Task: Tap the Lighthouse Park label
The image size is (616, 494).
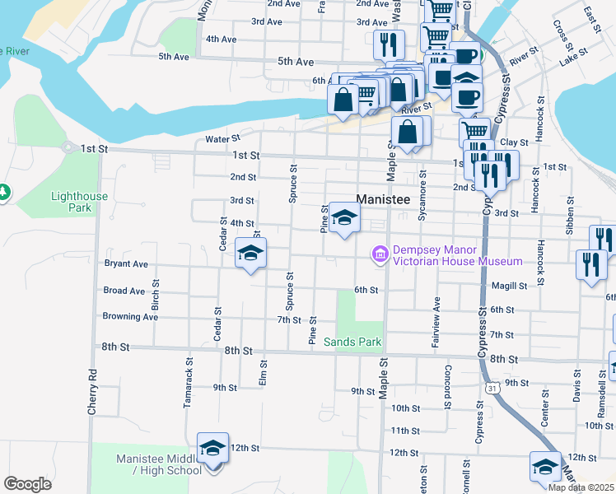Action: point(79,203)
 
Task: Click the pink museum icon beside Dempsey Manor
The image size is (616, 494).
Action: point(380,255)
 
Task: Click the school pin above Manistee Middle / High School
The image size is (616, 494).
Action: point(213,450)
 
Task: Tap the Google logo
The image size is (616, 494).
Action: point(27,483)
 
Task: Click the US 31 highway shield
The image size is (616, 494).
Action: point(492,387)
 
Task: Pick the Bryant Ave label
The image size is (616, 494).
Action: point(125,264)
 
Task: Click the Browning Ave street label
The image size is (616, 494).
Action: point(130,316)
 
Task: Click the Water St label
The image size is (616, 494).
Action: point(222,139)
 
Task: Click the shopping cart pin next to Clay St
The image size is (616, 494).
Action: point(474,132)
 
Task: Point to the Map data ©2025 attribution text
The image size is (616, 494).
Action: point(581,487)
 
